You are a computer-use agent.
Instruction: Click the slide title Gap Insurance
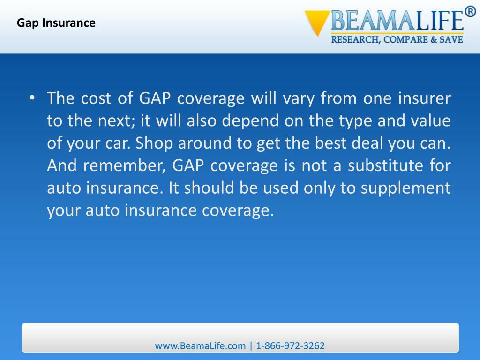tap(56, 22)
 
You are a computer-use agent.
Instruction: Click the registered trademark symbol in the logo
tap(470, 12)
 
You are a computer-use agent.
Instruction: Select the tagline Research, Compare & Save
tap(397, 40)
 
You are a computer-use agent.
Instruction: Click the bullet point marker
tap(31, 99)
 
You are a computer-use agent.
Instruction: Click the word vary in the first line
tap(299, 99)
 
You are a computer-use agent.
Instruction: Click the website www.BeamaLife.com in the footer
tap(200, 346)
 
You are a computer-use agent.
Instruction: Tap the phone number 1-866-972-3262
tap(291, 346)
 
